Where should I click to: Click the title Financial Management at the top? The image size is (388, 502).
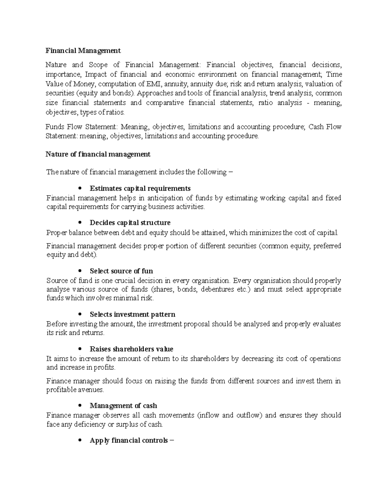[83, 51]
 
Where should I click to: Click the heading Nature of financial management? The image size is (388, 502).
[98, 155]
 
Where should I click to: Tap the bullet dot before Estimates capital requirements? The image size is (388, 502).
[80, 188]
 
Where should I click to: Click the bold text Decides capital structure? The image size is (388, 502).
[130, 223]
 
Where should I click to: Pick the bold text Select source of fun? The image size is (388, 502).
[121, 271]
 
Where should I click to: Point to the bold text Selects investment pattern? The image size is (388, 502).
[132, 315]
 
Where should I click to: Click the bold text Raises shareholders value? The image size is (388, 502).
[131, 349]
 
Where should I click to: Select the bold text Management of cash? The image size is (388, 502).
[123, 406]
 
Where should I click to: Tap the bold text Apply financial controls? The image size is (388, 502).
[129, 441]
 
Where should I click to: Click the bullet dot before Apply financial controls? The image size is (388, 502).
[80, 441]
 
